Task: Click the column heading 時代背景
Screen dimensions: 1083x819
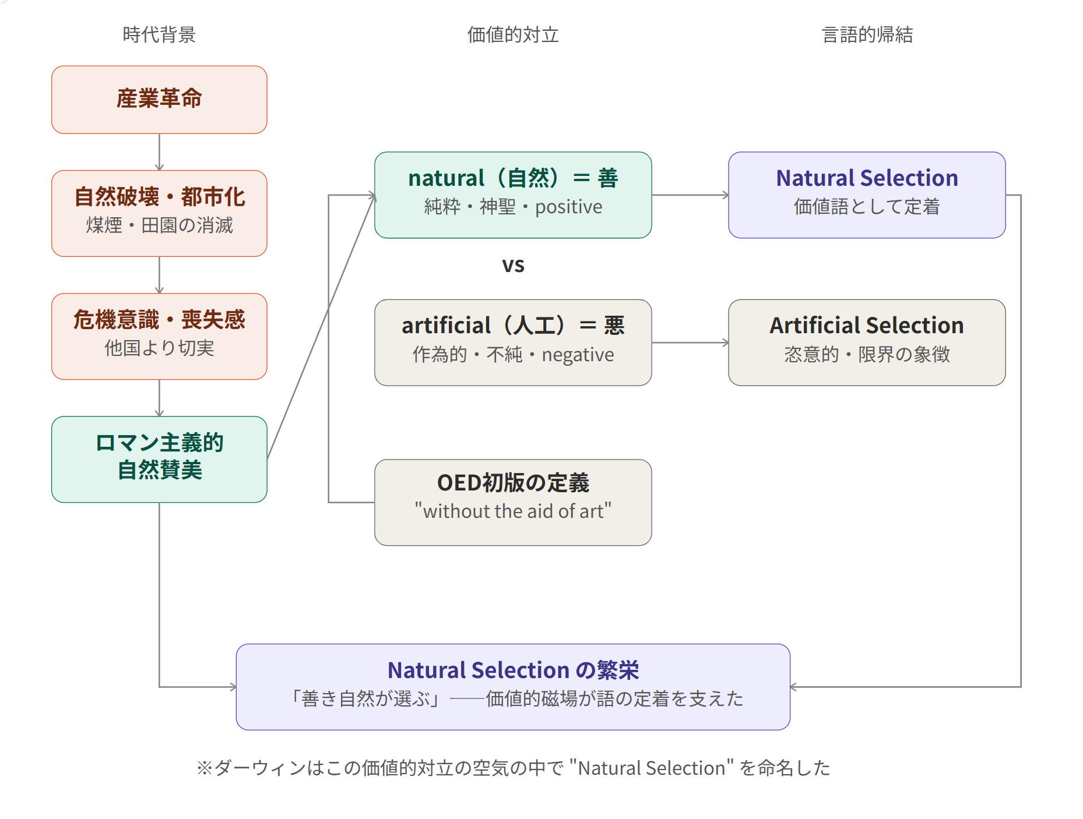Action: click(159, 35)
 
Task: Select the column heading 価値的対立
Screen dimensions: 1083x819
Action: click(513, 35)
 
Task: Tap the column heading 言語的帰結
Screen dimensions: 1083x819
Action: click(867, 35)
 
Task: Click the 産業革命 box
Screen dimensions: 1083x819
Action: click(159, 100)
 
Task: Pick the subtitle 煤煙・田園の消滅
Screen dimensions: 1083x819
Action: click(159, 225)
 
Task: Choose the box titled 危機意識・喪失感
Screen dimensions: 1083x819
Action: click(159, 337)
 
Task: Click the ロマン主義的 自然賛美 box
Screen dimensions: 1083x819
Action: click(159, 460)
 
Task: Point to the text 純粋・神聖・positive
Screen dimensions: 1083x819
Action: click(513, 207)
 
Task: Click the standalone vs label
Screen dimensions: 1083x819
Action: click(513, 266)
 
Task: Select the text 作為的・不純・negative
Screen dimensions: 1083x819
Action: click(513, 355)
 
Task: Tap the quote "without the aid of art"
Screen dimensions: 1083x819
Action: click(513, 511)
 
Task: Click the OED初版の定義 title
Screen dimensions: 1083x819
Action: click(513, 483)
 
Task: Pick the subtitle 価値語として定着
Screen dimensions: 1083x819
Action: click(867, 207)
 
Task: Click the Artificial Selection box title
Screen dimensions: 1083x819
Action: click(867, 325)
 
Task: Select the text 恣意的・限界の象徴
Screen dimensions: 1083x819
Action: click(867, 354)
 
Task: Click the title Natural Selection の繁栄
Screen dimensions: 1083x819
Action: click(513, 670)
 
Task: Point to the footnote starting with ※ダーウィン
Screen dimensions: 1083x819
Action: click(513, 768)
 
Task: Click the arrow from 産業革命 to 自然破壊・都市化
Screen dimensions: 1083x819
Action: click(159, 152)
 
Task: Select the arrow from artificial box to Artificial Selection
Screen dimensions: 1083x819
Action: click(690, 343)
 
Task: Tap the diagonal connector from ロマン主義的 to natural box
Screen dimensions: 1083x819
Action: click(321, 327)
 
